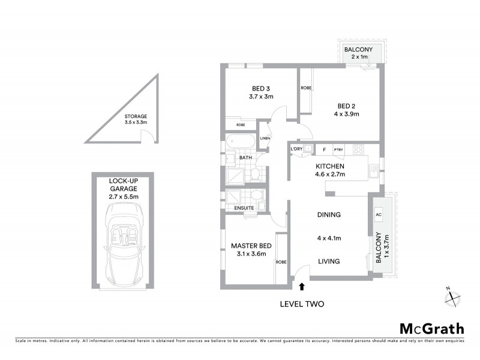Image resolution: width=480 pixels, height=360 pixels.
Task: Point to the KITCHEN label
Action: pyautogui.click(x=329, y=166)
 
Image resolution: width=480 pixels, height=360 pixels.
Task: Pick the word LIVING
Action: pyautogui.click(x=328, y=261)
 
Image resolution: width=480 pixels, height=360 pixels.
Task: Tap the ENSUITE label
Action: pyautogui.click(x=244, y=208)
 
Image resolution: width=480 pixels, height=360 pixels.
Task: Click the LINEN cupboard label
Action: pyautogui.click(x=265, y=139)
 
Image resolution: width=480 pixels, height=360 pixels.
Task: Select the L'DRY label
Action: pyautogui.click(x=296, y=149)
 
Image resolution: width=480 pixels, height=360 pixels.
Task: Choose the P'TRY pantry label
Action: pyautogui.click(x=339, y=149)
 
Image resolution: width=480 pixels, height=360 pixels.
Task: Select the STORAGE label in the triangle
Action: pyautogui.click(x=136, y=116)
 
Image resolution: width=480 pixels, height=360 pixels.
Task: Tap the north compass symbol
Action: pyautogui.click(x=451, y=296)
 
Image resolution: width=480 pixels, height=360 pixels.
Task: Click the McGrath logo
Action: pyautogui.click(x=431, y=328)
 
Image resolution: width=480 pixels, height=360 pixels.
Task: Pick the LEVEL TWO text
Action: pyautogui.click(x=302, y=304)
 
